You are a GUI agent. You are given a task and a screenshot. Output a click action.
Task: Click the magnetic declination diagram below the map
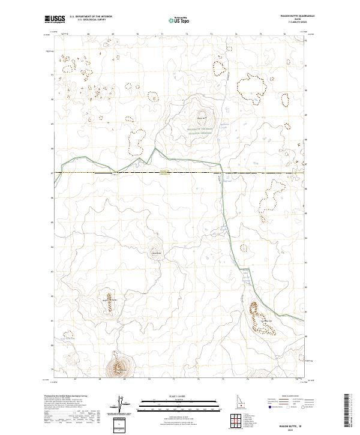click(x=119, y=406)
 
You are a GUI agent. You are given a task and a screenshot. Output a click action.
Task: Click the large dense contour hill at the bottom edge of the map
click(x=119, y=366)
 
